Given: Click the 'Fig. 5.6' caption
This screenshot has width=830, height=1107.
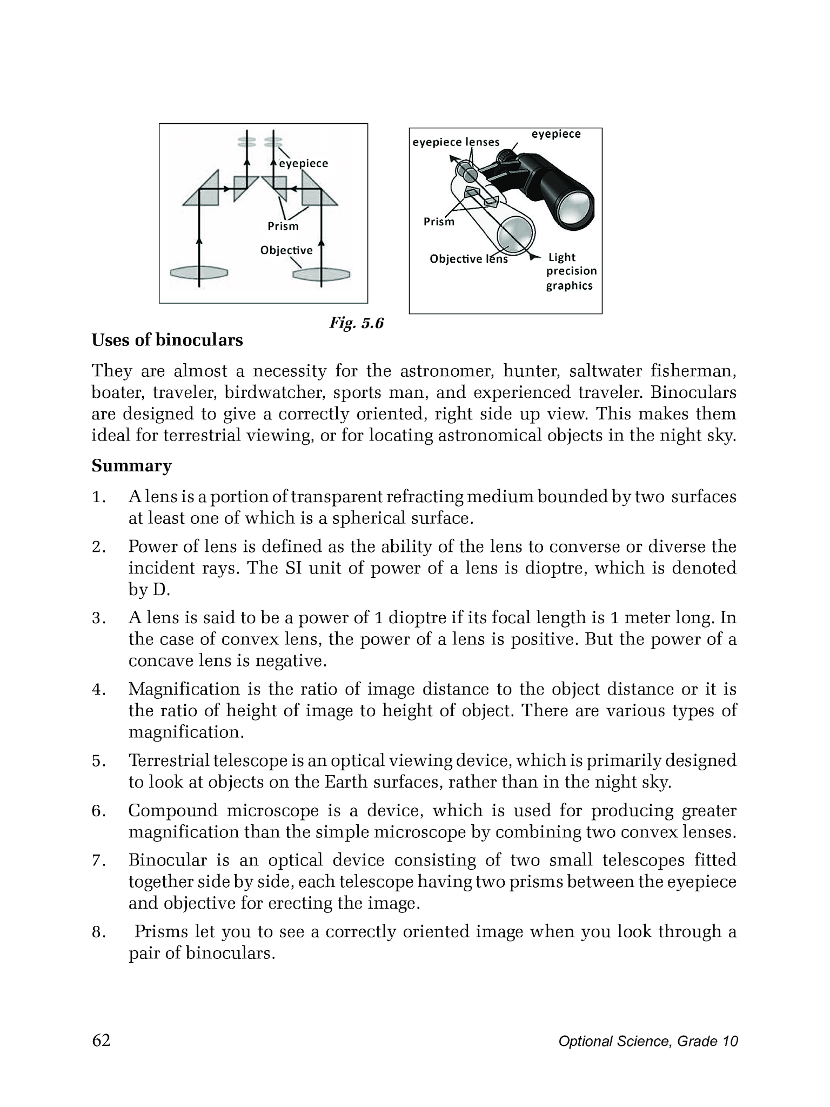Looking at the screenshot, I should point(356,323).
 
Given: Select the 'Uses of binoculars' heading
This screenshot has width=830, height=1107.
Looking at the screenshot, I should point(167,341).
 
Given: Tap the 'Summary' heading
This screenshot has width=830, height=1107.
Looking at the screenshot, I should point(131,466).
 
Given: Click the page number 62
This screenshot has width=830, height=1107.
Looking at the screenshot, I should point(101,1041).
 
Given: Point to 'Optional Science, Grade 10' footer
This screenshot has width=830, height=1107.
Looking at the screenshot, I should point(648,1042).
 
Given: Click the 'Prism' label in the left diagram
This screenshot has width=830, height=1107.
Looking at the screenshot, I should point(283,226).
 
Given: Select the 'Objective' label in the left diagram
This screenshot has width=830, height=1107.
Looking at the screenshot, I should point(286,250).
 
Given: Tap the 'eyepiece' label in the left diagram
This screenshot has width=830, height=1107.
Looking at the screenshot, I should point(303,164).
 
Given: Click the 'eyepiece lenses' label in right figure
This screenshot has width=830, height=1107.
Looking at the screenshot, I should point(456,142).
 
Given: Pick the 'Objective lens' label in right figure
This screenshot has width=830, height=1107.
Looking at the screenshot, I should point(468,259).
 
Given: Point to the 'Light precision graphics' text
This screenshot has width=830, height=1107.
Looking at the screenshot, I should point(571,271).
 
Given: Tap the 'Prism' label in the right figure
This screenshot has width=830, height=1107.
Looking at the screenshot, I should point(438,222).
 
